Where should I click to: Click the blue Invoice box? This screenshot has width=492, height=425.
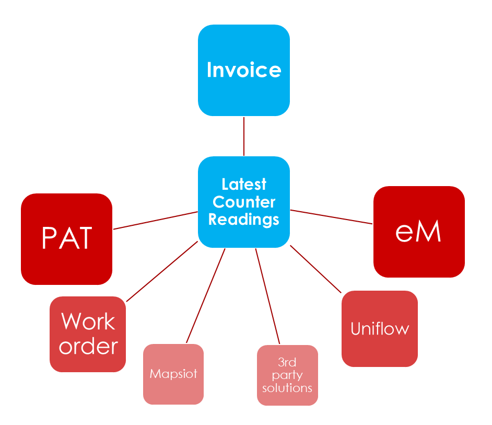pyautogui.click(x=243, y=70)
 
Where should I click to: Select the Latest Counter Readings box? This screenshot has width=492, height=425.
pyautogui.click(x=243, y=201)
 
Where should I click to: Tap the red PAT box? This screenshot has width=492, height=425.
pyautogui.click(x=66, y=238)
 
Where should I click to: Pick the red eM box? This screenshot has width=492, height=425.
pyautogui.click(x=418, y=232)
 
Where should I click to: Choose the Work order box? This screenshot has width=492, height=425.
pyautogui.click(x=88, y=334)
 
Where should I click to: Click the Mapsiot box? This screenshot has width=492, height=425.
pyautogui.click(x=173, y=374)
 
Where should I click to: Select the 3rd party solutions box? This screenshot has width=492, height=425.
pyautogui.click(x=287, y=375)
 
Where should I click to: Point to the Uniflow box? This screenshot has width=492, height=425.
pyautogui.click(x=380, y=329)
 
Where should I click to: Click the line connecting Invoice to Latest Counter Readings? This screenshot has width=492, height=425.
pyautogui.click(x=244, y=136)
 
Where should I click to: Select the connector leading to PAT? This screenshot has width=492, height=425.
pyautogui.click(x=156, y=220)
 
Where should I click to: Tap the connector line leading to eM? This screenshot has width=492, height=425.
pyautogui.click(x=332, y=217)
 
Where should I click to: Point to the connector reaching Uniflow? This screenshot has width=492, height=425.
pyautogui.click(x=315, y=268)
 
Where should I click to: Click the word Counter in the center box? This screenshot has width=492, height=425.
pyautogui.click(x=244, y=202)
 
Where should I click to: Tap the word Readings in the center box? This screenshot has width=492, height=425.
pyautogui.click(x=244, y=219)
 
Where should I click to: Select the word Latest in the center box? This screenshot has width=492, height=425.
pyautogui.click(x=244, y=185)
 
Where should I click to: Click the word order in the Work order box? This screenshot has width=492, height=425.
pyautogui.click(x=88, y=346)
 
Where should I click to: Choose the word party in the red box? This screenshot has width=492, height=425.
pyautogui.click(x=287, y=375)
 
